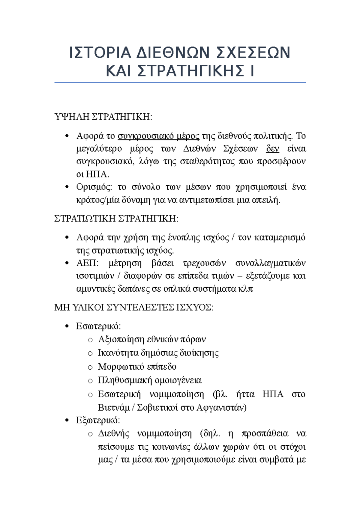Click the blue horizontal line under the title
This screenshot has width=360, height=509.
180,83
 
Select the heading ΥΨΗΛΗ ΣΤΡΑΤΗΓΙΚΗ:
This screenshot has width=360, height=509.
103,117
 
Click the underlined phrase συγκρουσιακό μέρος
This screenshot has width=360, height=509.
158,136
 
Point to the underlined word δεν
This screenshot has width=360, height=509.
272,149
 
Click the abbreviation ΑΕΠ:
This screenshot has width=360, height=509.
87,263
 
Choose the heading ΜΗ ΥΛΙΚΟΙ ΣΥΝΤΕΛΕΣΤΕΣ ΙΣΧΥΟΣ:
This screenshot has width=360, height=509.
134,308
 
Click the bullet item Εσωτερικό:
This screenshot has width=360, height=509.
98,326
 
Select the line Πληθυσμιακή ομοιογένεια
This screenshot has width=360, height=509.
149,380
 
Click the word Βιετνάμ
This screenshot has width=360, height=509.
114,408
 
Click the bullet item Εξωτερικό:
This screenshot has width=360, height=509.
98,420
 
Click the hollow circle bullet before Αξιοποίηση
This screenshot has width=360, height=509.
90,340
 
